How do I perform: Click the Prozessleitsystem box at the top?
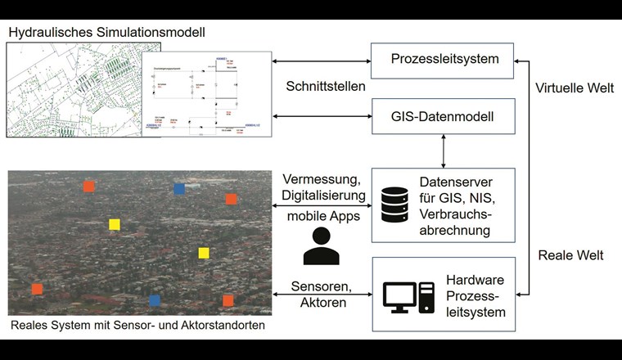[x=444, y=59]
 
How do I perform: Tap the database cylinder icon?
[x=394, y=205]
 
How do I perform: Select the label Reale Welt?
[x=570, y=255]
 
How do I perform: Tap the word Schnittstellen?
[x=326, y=87]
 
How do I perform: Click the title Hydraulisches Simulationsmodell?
[x=106, y=32]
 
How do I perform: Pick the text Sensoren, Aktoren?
[x=321, y=295]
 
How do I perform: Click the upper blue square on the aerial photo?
[x=179, y=189]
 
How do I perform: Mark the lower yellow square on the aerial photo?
[x=204, y=253]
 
